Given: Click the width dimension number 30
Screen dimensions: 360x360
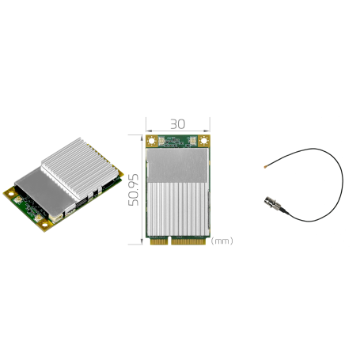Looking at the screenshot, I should coord(177,123).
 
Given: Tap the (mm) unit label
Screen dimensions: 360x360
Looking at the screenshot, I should coord(223,241).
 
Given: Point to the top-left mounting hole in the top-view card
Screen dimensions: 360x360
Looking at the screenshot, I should coord(152,141).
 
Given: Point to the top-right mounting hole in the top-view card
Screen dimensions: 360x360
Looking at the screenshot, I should coord(204,141).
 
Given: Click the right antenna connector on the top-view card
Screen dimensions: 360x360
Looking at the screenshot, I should coord(192,142).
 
